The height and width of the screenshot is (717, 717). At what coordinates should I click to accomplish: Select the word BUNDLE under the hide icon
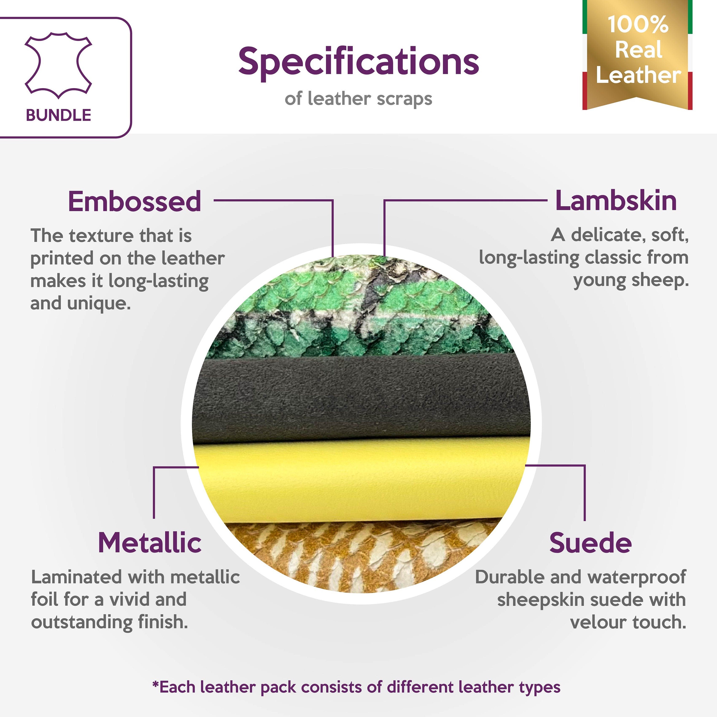[x=58, y=115]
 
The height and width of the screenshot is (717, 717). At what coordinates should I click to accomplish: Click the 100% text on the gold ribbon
[x=638, y=24]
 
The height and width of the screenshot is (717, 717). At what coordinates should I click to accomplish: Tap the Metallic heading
[x=150, y=543]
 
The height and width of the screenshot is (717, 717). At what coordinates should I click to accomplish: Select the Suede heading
[x=590, y=543]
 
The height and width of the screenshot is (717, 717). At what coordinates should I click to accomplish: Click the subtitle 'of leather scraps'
[x=358, y=99]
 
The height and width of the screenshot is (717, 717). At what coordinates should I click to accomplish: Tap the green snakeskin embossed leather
[x=356, y=308]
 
